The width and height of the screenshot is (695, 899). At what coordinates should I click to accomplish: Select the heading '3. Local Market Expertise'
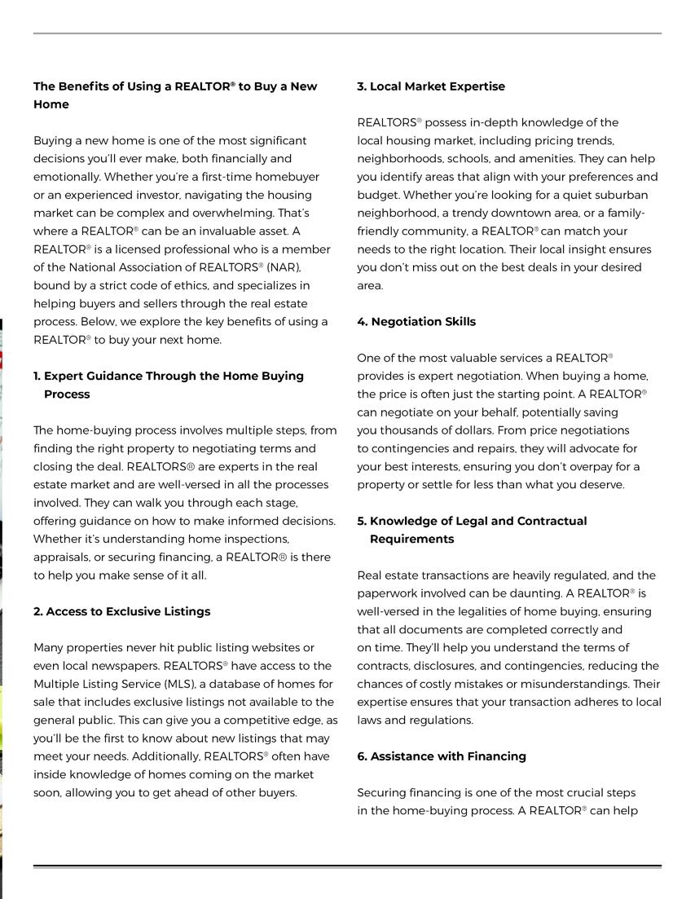click(x=431, y=86)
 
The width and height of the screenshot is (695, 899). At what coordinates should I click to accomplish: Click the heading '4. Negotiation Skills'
click(x=416, y=322)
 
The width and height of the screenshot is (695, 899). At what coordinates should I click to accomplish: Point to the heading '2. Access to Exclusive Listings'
click(x=122, y=611)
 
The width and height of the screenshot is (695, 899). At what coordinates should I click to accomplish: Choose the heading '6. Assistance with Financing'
click(x=442, y=756)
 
